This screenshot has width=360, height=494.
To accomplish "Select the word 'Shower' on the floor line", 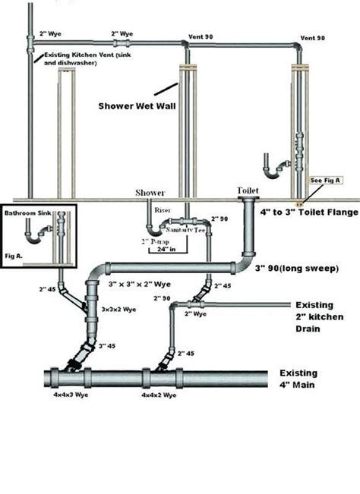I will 150,193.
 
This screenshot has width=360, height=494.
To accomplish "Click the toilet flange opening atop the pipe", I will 249,200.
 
